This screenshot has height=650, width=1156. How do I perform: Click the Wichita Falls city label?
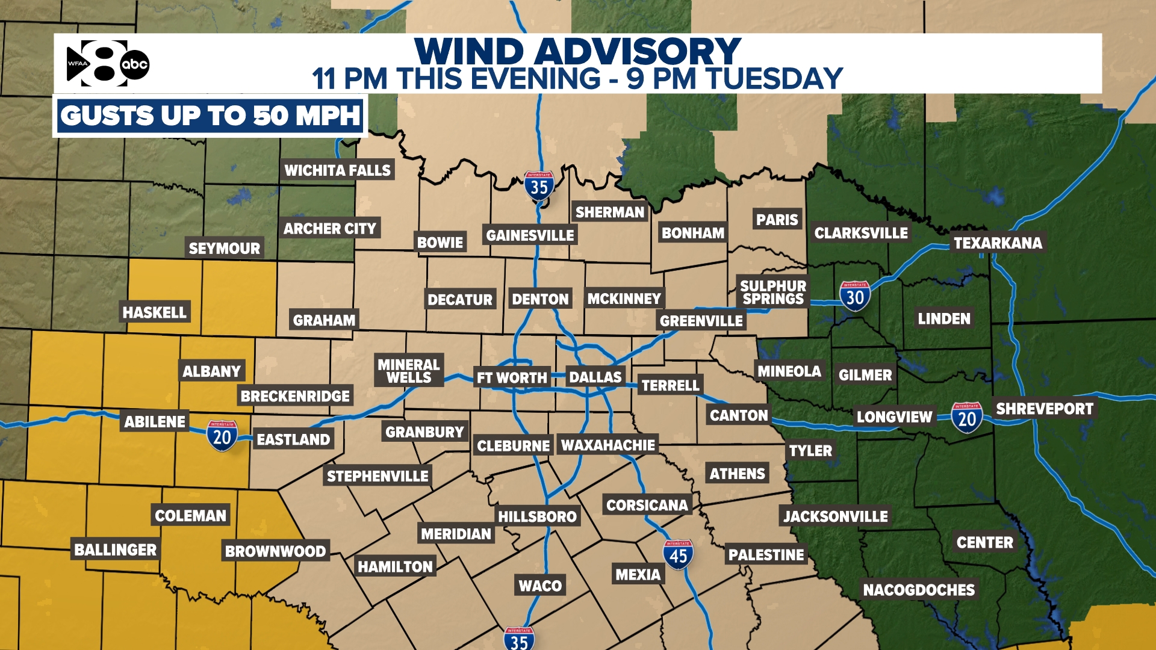point(337,170)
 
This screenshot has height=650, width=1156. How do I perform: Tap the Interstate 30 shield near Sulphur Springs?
point(855,296)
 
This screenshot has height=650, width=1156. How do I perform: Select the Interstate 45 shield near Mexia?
point(678,555)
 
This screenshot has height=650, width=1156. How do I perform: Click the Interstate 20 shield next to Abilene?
point(222,436)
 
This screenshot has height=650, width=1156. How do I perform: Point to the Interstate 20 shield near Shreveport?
point(967,418)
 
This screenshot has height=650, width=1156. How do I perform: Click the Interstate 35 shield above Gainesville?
point(539,186)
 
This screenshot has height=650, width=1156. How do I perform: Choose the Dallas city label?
point(595,377)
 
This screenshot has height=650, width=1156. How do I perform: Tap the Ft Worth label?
point(512,378)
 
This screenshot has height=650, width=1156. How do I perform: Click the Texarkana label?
point(998,243)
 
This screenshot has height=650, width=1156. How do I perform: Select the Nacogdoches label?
point(918,590)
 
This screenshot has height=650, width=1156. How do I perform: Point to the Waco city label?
point(540,586)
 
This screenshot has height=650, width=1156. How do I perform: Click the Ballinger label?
point(115,549)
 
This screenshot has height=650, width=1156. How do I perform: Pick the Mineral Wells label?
point(409,371)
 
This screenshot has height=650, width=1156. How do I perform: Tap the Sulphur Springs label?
point(772,292)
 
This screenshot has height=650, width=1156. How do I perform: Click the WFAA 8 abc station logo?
point(107,64)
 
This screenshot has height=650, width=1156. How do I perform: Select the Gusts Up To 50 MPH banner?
point(210,116)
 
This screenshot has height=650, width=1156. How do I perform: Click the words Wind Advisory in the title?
point(577,51)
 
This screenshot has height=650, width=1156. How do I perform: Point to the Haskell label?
point(154,312)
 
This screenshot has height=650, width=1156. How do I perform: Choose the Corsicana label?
point(647,505)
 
